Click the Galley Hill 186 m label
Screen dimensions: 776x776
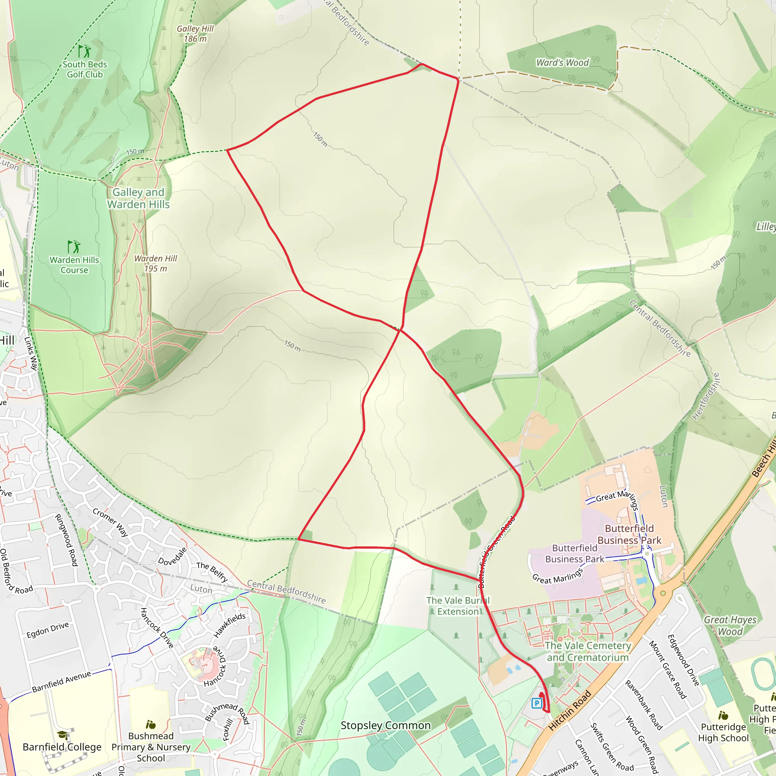[x=195, y=34]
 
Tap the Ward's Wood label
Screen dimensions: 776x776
[x=562, y=63]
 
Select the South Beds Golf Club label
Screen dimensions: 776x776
[x=85, y=69]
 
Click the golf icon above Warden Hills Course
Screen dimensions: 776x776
[x=74, y=247]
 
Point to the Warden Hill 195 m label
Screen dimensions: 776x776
[x=155, y=263]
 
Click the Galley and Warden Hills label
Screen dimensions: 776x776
[x=138, y=199]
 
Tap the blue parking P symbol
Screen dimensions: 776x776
[x=537, y=703]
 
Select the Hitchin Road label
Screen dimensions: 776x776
[x=570, y=710]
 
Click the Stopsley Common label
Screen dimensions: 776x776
[x=385, y=725]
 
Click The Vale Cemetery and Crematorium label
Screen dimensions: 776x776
[x=588, y=651]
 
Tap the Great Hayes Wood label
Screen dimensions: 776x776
[x=730, y=625]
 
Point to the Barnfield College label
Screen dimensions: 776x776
[x=62, y=747]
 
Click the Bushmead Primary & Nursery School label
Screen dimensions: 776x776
[x=151, y=747]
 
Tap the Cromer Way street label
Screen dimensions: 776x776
[x=111, y=522]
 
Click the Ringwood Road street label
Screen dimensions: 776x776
[x=66, y=540]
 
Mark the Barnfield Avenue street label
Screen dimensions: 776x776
[x=61, y=682]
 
